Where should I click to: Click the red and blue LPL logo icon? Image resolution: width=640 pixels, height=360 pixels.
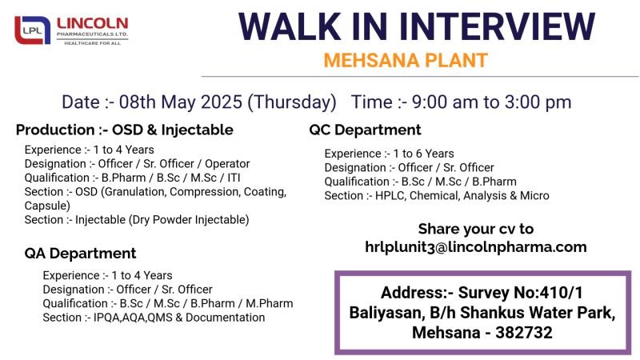(x=32, y=30)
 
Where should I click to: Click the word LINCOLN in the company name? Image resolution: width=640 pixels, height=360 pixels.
(x=92, y=24)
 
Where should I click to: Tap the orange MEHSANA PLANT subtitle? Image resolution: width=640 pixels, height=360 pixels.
(x=406, y=61)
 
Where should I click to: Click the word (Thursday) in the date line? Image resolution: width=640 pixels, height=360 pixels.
(x=292, y=102)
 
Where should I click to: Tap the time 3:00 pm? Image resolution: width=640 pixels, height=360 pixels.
(x=538, y=102)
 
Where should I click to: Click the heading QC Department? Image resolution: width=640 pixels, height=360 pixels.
(x=365, y=130)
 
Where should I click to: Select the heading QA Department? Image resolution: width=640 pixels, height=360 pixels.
(x=80, y=254)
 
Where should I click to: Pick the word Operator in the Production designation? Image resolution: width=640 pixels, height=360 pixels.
(x=227, y=164)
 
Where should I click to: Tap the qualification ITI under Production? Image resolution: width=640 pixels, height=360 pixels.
(x=233, y=178)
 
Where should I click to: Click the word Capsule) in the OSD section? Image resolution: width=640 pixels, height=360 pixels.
(x=47, y=206)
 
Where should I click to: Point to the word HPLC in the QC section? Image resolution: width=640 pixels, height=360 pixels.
(x=390, y=196)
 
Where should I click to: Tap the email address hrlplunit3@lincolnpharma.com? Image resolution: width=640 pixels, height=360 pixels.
(x=475, y=247)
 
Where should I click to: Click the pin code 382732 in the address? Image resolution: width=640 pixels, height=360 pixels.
(x=524, y=333)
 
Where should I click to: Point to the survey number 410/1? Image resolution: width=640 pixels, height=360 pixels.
(x=562, y=293)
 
